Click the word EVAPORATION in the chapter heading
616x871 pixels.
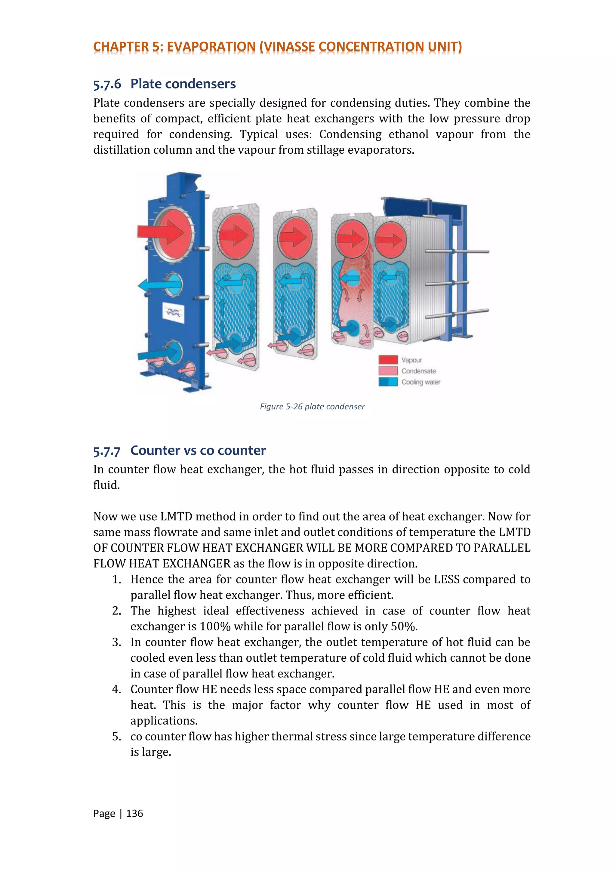tap(211, 47)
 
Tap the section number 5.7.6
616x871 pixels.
tap(107, 84)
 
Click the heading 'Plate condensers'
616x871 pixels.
tap(183, 84)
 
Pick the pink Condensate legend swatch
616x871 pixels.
tap(388, 371)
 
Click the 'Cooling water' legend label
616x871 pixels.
tap(421, 382)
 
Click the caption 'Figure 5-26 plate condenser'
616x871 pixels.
tap(312, 407)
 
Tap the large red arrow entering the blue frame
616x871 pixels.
tap(159, 231)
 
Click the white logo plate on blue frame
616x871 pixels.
tap(173, 312)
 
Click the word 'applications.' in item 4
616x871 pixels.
tap(164, 721)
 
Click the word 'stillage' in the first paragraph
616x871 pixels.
tap(325, 150)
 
